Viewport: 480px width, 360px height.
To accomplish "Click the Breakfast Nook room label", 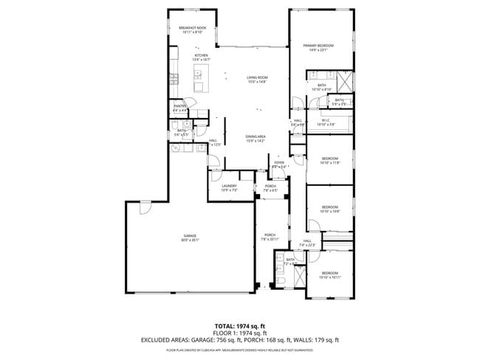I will click(191, 28).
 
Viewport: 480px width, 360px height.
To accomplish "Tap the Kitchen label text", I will click(202, 55).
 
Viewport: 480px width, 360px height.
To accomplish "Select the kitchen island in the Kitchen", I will click(199, 72).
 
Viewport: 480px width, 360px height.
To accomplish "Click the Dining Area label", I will click(256, 136).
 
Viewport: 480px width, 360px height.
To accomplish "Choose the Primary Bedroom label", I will click(320, 46).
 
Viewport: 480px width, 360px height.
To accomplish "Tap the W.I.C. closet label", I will click(326, 122).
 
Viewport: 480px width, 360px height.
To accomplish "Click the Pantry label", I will click(179, 106).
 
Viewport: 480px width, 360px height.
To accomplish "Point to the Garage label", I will click(190, 236).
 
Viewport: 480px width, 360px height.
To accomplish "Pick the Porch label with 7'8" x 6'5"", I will click(270, 186).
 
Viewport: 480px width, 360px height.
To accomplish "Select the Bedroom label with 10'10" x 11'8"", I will click(329, 159).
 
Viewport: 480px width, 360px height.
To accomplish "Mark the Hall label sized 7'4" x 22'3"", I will click(307, 241).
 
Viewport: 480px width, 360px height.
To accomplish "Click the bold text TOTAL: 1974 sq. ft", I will click(239, 325).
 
